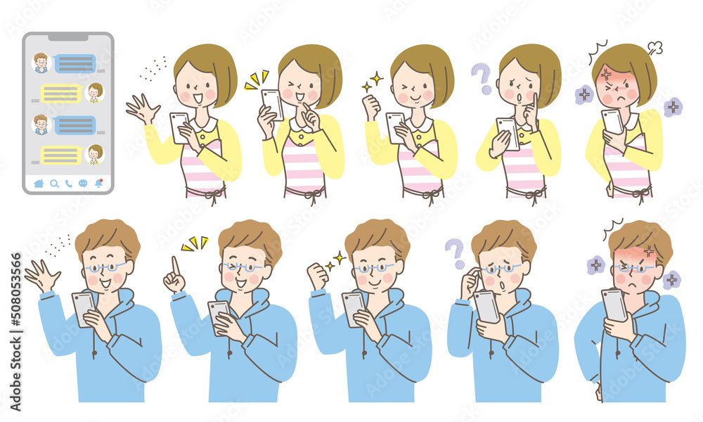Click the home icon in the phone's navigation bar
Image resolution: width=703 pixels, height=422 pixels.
(38, 184)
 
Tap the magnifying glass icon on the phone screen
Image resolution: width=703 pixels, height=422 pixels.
(54, 184)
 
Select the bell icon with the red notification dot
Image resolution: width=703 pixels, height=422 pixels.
(98, 183)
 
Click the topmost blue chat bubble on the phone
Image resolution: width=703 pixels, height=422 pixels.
(75, 63)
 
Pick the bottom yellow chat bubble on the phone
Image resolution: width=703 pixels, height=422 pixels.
(60, 155)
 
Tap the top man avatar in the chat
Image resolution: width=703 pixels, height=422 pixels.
(41, 63)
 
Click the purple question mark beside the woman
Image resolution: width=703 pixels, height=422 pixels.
(481, 78)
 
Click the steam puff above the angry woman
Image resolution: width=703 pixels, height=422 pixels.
(654, 49)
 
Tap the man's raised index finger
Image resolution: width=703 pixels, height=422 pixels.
(175, 265)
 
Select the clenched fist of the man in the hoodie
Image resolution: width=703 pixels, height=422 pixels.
(318, 276)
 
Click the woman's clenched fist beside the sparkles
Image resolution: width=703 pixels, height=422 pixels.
(371, 107)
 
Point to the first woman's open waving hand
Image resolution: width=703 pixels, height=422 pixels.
(143, 110)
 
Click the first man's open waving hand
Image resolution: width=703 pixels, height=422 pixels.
(43, 275)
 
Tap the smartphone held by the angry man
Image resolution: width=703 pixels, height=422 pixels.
(614, 305)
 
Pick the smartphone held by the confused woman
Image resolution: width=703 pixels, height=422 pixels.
(508, 133)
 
